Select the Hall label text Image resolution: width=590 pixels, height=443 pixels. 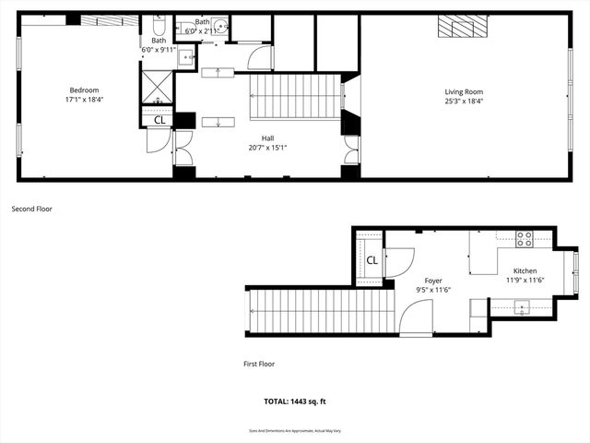click(267, 138)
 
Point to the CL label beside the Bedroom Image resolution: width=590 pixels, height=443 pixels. click(159, 119)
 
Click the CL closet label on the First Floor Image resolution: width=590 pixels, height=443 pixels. click(372, 260)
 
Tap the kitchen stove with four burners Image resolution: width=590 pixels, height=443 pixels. click(524, 239)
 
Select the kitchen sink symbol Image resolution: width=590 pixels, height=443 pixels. click(522, 311)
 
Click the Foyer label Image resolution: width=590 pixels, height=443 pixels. click(433, 281)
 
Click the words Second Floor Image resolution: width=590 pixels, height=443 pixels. click(32, 210)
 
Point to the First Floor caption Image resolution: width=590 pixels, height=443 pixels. click(259, 364)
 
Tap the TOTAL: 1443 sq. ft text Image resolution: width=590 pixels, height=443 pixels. click(295, 401)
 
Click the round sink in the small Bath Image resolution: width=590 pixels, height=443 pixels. click(221, 26)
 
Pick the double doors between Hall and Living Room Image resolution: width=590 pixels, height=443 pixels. click(350, 150)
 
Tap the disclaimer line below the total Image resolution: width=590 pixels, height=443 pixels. click(295, 430)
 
